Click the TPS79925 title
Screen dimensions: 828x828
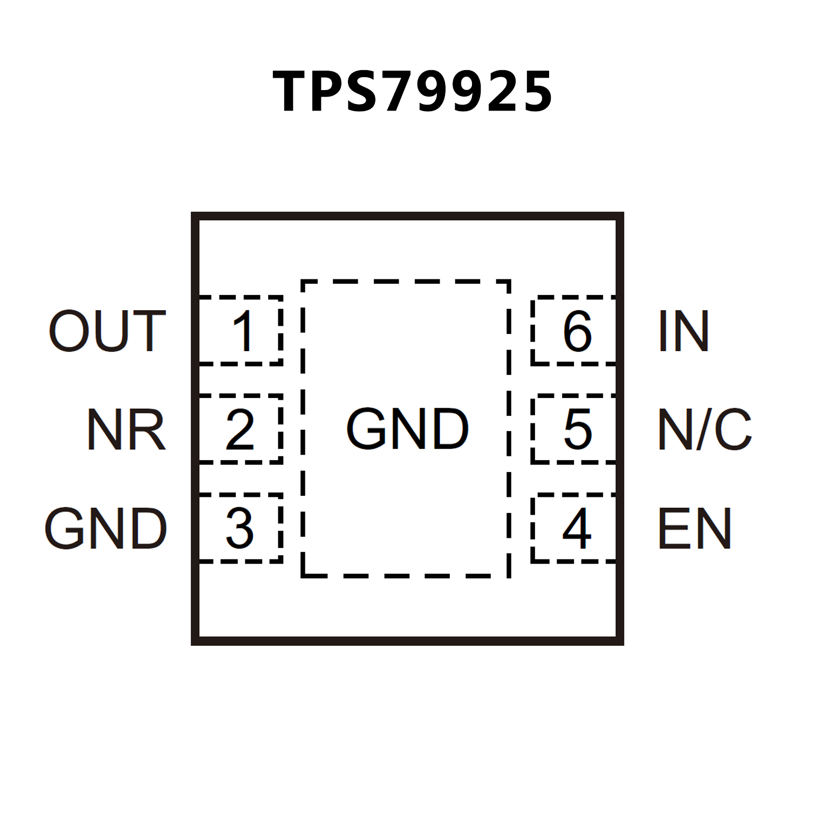(x=413, y=92)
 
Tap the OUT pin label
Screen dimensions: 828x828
(x=107, y=331)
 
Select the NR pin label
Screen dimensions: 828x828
(x=126, y=429)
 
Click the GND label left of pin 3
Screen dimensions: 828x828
(x=106, y=529)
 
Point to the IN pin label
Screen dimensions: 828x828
(x=683, y=331)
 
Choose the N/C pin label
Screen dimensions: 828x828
(x=704, y=429)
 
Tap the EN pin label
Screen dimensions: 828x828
(x=695, y=529)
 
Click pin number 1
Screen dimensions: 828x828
(x=243, y=331)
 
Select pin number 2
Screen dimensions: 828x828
(x=240, y=429)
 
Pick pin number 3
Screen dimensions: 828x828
(x=240, y=529)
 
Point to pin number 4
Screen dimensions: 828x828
(x=577, y=529)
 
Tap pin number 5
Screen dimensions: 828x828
(x=578, y=429)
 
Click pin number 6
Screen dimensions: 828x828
(x=578, y=331)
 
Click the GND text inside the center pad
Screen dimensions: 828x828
(x=407, y=429)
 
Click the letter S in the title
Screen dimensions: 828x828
(x=362, y=92)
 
